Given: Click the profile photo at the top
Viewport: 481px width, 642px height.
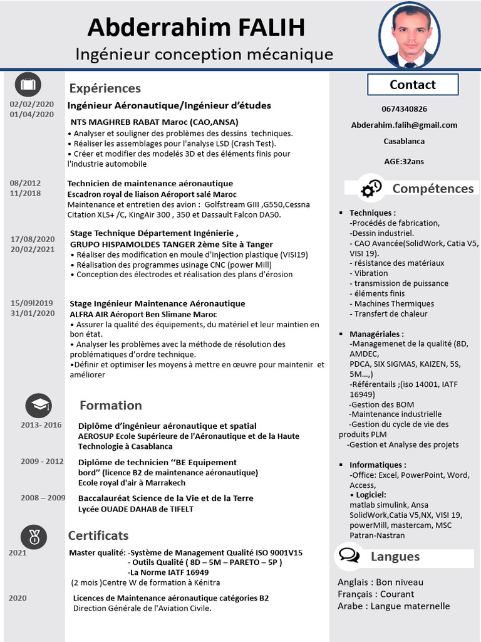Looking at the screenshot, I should pos(410,36).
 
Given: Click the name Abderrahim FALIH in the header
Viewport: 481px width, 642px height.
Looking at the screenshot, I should pos(196,28).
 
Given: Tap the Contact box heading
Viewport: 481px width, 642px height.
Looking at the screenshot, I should pos(412,85).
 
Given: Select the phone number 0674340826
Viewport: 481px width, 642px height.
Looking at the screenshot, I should pos(404,109).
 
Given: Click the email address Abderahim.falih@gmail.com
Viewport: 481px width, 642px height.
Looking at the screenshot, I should pos(404,125).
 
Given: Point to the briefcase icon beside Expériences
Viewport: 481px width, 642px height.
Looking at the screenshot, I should pos(28,85).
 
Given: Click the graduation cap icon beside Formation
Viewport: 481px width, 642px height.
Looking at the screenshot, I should pos(38,406).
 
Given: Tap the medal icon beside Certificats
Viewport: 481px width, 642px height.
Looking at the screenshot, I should pos(34,536).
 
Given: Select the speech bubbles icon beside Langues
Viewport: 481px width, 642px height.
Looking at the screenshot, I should pos(349,556).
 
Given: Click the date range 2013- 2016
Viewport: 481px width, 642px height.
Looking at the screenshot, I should pos(41,425).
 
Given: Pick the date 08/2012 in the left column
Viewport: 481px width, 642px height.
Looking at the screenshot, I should pos(25,183).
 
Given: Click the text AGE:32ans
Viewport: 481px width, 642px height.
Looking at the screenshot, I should pos(404,161).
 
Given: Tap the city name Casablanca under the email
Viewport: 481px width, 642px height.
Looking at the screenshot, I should pos(404,141).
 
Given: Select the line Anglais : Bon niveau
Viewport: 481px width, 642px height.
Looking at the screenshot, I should pos(380,582).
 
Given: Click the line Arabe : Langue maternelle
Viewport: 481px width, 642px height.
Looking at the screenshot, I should pos(393,606).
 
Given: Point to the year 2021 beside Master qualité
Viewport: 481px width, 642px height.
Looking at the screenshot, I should pos(18,552).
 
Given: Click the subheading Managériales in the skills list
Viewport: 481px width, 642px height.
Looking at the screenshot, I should pos(376,334).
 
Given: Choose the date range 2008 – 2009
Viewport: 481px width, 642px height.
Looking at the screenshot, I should pos(43,498).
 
